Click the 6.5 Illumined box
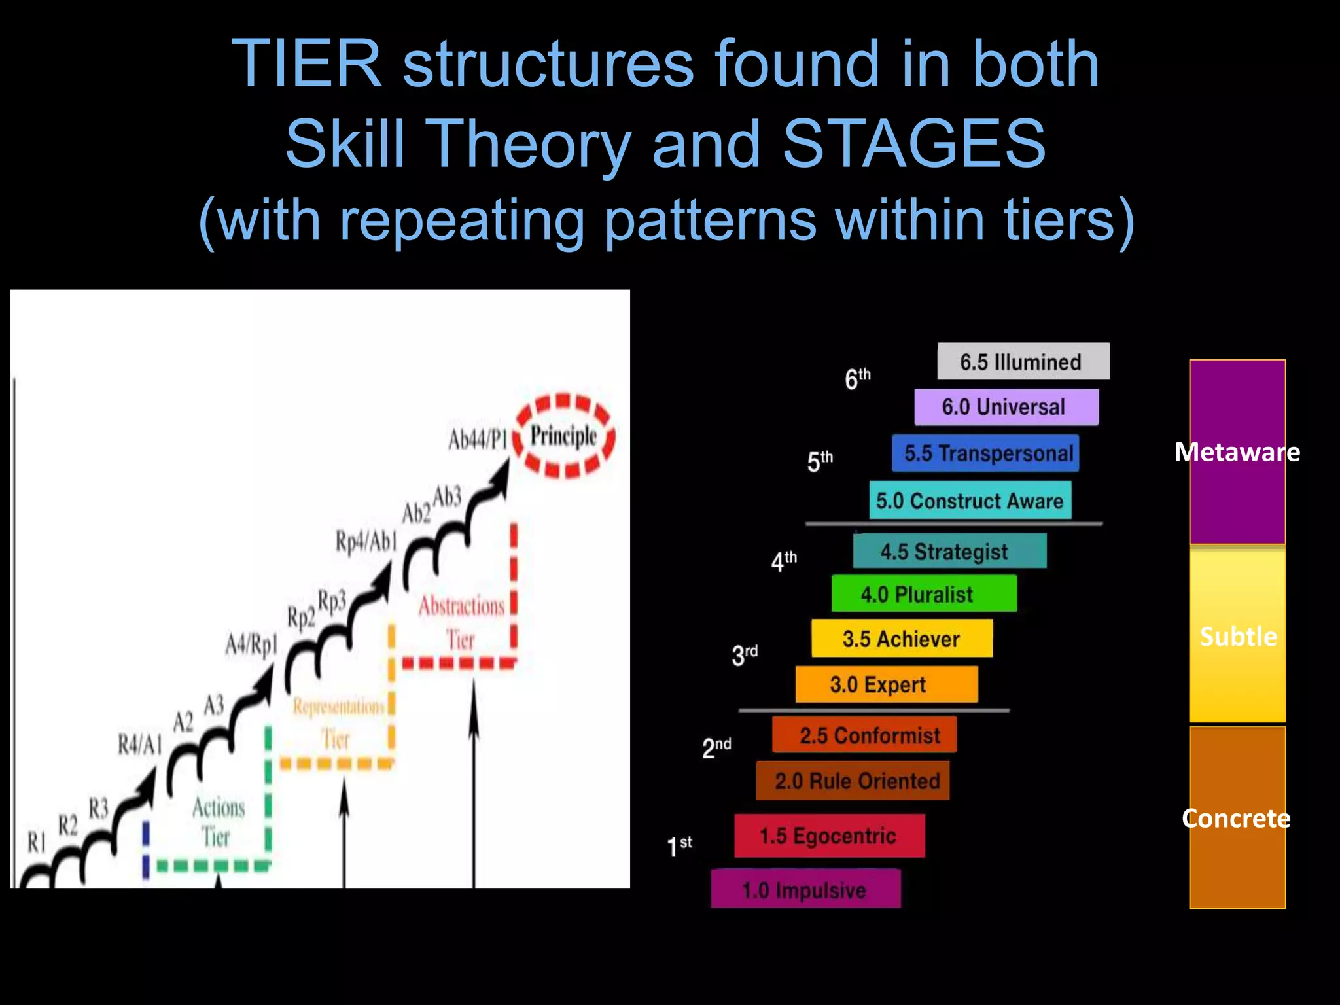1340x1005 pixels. pyautogui.click(x=1023, y=361)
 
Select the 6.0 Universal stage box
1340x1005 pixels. pyautogui.click(x=1006, y=407)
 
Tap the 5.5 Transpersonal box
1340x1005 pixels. pyautogui.click(x=985, y=453)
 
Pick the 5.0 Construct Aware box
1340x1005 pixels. pyautogui.click(x=970, y=501)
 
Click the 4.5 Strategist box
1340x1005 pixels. pyautogui.click(x=949, y=551)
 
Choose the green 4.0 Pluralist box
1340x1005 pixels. pyautogui.click(x=924, y=593)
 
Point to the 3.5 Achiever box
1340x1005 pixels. pyautogui.click(x=902, y=639)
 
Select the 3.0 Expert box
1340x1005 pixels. pyautogui.click(x=887, y=684)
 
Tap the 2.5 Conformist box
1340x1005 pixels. pyautogui.click(x=864, y=735)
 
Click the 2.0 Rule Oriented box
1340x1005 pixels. pyautogui.click(x=853, y=781)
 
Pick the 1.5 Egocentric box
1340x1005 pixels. pyautogui.click(x=829, y=836)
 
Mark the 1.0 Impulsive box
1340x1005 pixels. pyautogui.click(x=805, y=889)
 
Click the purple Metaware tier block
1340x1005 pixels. pyautogui.click(x=1237, y=452)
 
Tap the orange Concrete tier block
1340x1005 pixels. pyautogui.click(x=1237, y=818)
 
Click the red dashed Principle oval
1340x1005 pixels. pyautogui.click(x=563, y=436)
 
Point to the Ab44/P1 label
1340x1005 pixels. pyautogui.click(x=478, y=439)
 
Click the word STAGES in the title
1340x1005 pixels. pyautogui.click(x=914, y=143)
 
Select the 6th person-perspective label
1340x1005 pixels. pyautogui.click(x=857, y=378)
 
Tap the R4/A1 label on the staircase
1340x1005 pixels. pyautogui.click(x=139, y=744)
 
